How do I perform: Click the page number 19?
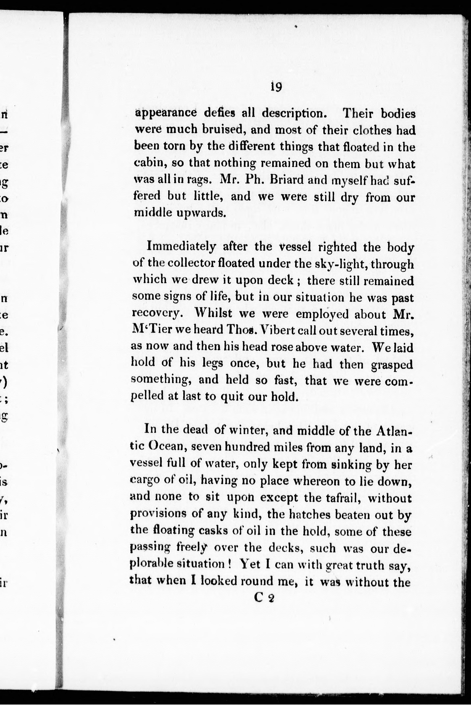click(x=276, y=87)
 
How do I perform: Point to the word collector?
click(x=191, y=263)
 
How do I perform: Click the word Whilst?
click(x=213, y=314)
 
